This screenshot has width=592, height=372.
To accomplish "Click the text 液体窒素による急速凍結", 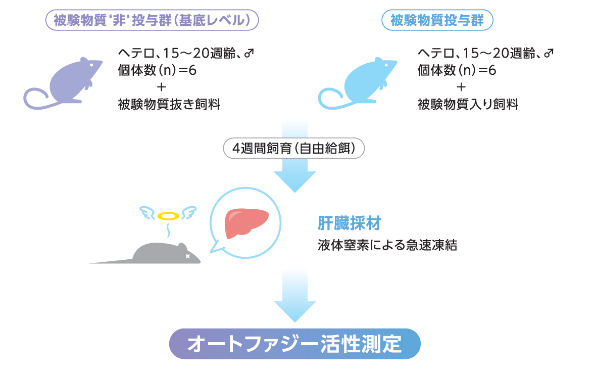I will tap(387, 246).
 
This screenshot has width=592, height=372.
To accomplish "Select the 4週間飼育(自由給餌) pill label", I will tap(293, 149).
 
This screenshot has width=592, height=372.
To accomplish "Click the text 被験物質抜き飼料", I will tap(169, 105).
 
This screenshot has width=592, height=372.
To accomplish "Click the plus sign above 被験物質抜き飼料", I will tap(161, 87).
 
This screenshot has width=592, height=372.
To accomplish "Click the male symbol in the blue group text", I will tap(549, 53).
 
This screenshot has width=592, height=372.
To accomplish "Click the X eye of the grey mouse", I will tap(188, 256).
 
